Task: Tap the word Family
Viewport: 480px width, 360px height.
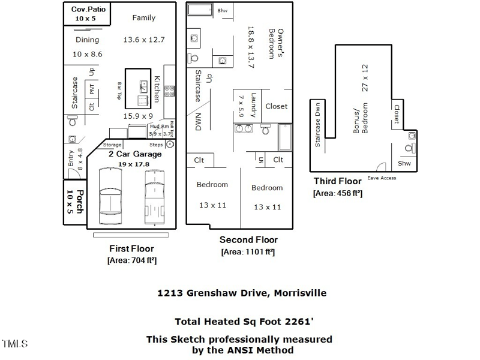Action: pyautogui.click(x=143, y=18)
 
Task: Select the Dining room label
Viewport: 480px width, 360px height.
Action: pyautogui.click(x=87, y=40)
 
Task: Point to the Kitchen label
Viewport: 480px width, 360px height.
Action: pyautogui.click(x=157, y=88)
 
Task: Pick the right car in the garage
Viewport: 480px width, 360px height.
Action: pyautogui.click(x=154, y=192)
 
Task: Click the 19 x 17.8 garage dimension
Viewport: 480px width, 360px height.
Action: pyautogui.click(x=133, y=164)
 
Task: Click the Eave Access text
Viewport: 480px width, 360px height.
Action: pyautogui.click(x=382, y=178)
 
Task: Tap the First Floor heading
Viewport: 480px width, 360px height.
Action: pyautogui.click(x=131, y=248)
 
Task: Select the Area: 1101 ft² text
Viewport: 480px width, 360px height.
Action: pyautogui.click(x=248, y=252)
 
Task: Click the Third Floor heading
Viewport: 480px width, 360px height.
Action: pyautogui.click(x=338, y=181)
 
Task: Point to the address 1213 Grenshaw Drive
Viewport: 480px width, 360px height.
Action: pyautogui.click(x=214, y=293)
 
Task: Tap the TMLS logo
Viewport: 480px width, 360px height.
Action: pyautogui.click(x=14, y=344)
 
